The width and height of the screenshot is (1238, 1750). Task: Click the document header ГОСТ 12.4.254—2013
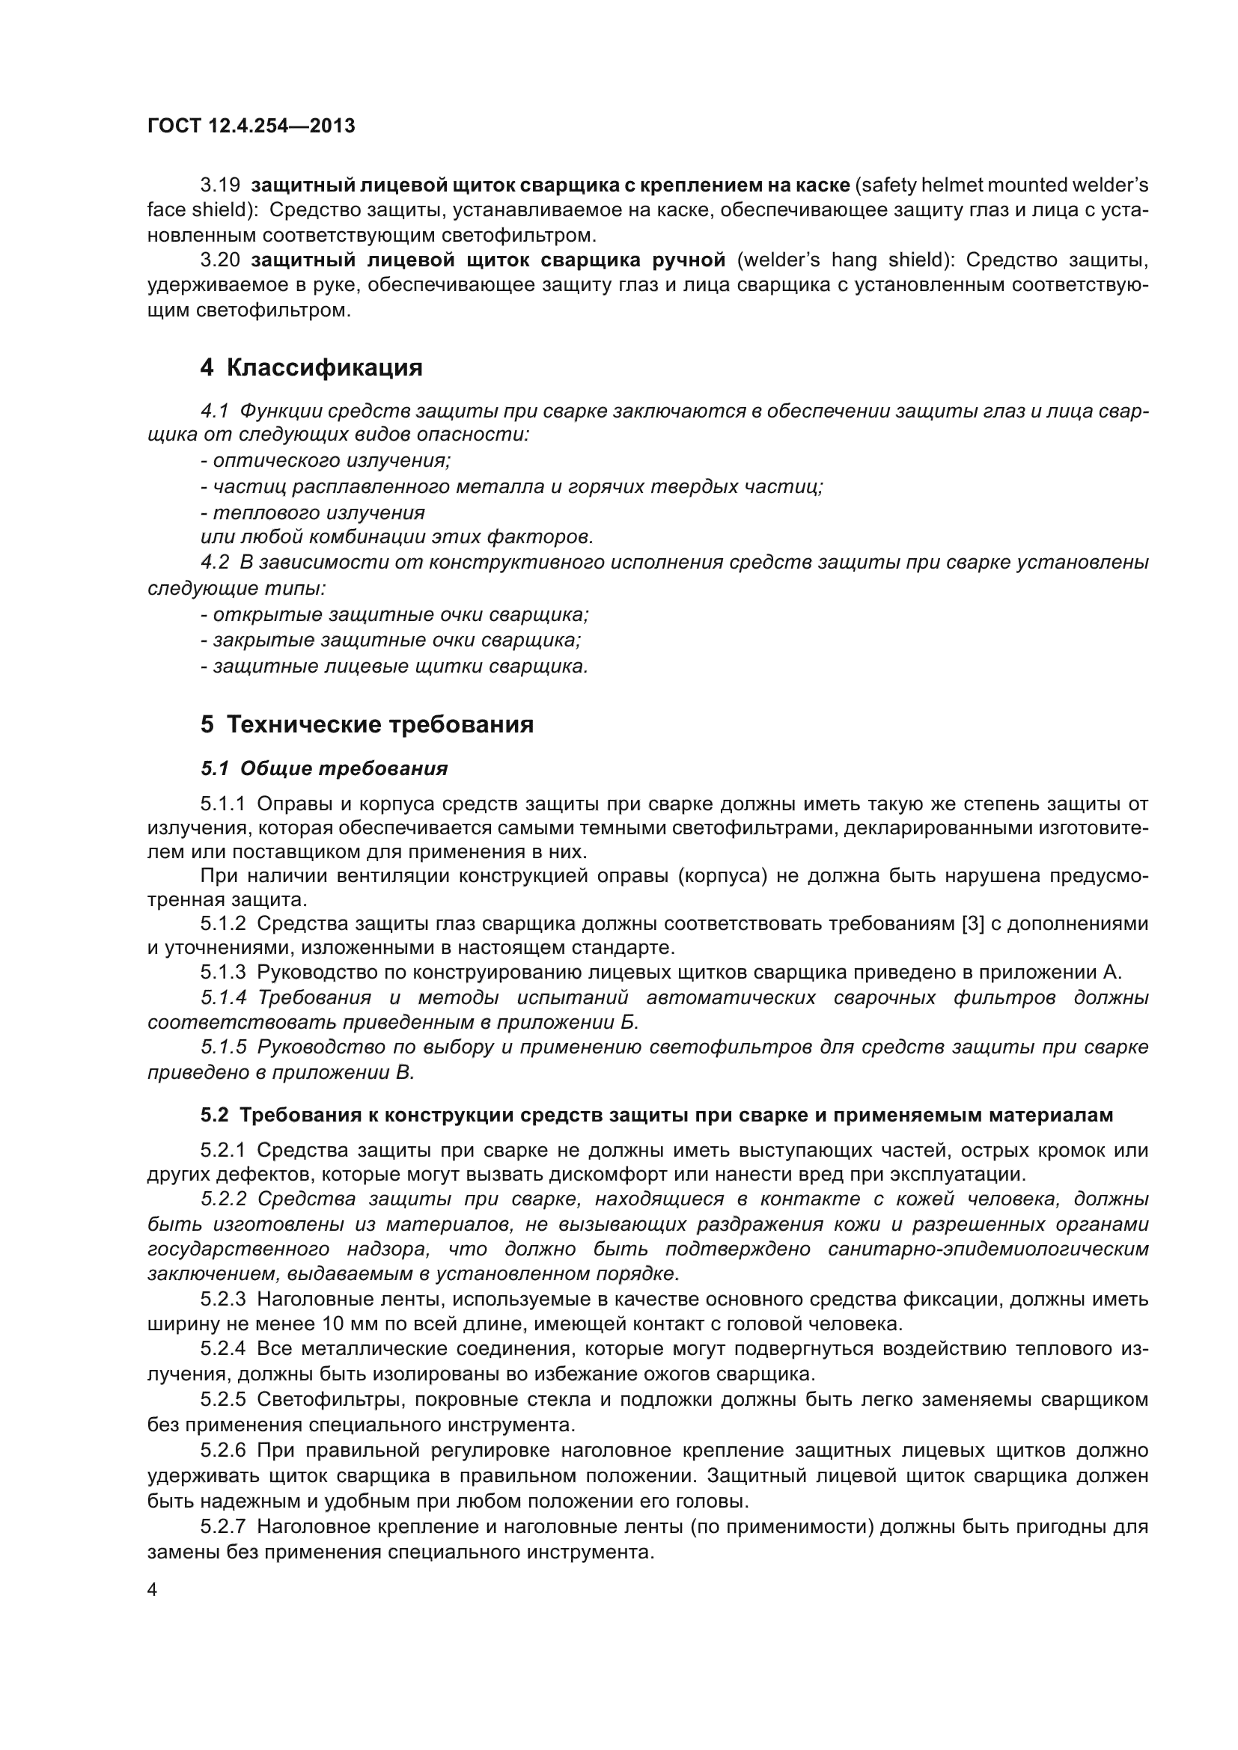point(251,126)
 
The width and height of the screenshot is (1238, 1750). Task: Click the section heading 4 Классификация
point(311,367)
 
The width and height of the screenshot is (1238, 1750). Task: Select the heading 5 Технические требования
point(367,723)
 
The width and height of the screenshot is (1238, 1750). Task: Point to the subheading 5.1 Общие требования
point(324,768)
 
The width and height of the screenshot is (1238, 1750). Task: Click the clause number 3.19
point(220,186)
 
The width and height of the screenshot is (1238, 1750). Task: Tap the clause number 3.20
point(220,260)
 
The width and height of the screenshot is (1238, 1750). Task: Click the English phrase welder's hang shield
point(844,260)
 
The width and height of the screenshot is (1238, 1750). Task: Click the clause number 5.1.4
point(223,998)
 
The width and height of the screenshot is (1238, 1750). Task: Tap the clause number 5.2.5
point(223,1399)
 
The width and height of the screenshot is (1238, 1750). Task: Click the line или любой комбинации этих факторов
point(397,537)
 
